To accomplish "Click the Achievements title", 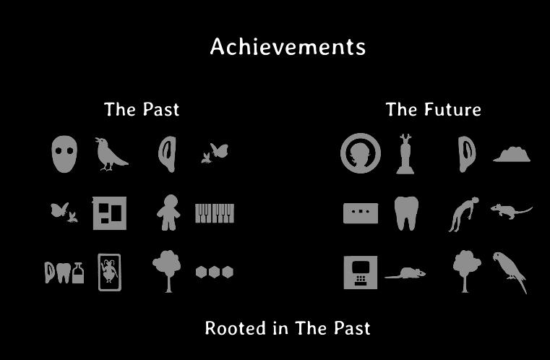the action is pyautogui.click(x=288, y=47).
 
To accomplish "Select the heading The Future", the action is pyautogui.click(x=434, y=109).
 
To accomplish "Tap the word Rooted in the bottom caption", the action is pyautogui.click(x=235, y=328).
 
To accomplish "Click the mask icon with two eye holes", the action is pyautogui.click(x=64, y=154).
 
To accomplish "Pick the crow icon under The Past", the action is pyautogui.click(x=110, y=155).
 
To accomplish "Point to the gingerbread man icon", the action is pyautogui.click(x=168, y=213).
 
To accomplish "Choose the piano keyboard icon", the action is pyautogui.click(x=215, y=213).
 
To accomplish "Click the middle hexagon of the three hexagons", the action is pyautogui.click(x=215, y=272).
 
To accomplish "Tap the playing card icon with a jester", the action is pyautogui.click(x=109, y=273).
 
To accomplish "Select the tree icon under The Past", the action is pyautogui.click(x=168, y=271).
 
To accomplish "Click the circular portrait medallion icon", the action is pyautogui.click(x=361, y=153).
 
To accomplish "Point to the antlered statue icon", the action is pyautogui.click(x=405, y=154).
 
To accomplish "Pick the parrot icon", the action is pyautogui.click(x=510, y=271).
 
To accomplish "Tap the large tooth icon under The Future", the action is pyautogui.click(x=406, y=213).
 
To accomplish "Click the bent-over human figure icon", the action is pyautogui.click(x=464, y=214).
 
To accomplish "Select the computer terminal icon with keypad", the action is pyautogui.click(x=361, y=273).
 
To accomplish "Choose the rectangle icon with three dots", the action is pyautogui.click(x=361, y=213).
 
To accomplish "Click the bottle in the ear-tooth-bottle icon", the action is pyautogui.click(x=78, y=273).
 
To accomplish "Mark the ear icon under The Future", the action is pyautogui.click(x=467, y=154).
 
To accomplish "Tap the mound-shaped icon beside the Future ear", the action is pyautogui.click(x=512, y=155).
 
